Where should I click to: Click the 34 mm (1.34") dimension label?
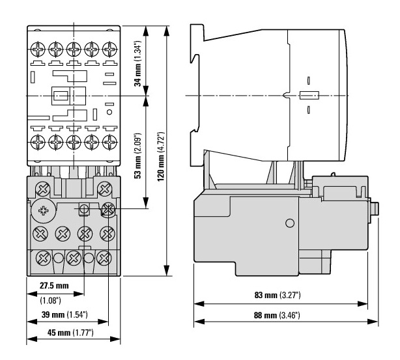[x=137, y=63]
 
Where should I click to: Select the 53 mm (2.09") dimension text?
[x=137, y=156]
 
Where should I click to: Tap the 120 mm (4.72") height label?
[x=161, y=156]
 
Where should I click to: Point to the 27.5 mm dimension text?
[x=54, y=286]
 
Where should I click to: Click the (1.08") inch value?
[x=51, y=301]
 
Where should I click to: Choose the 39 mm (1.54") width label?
[x=64, y=314]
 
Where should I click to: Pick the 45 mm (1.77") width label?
[x=70, y=333]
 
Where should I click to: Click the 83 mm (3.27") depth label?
[x=278, y=295]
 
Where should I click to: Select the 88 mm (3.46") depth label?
[x=277, y=315]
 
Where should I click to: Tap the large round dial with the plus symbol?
[x=44, y=210]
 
